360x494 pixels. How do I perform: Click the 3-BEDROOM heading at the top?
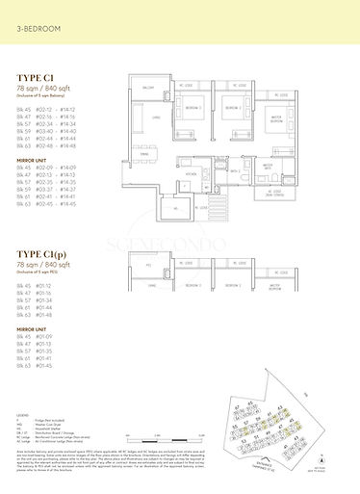pos(38,30)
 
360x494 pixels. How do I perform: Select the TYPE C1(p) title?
pos(43,256)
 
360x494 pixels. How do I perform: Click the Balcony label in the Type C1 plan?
pos(149,87)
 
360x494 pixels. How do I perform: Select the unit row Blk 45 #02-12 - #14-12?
pos(46,109)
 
